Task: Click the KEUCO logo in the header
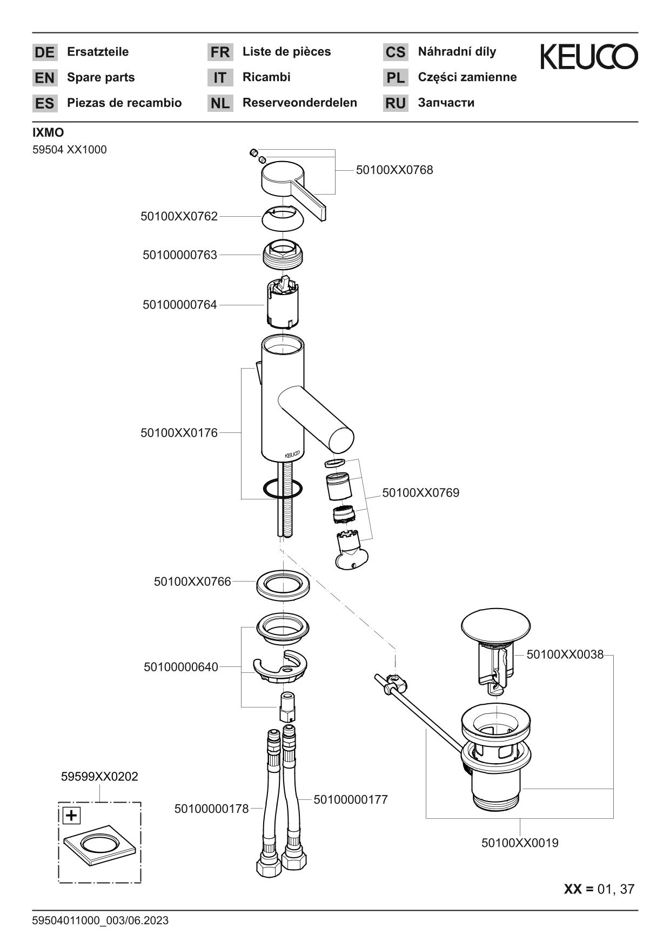(589, 57)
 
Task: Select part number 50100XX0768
(394, 170)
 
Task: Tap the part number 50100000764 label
(179, 305)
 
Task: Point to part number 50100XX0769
(420, 493)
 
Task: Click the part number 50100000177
(351, 799)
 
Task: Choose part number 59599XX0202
(99, 777)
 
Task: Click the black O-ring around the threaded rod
(283, 489)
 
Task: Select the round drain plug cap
(495, 627)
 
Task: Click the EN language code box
(45, 78)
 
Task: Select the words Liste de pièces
(286, 52)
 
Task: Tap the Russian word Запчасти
(446, 103)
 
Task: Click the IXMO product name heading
(48, 133)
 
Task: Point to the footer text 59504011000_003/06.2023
(100, 920)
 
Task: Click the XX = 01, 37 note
(599, 889)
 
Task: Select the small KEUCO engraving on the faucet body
(292, 454)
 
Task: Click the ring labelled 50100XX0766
(283, 585)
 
